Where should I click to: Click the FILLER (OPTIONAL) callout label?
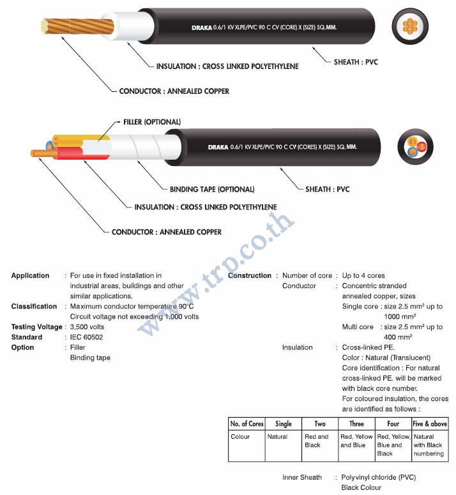pyautogui.click(x=152, y=122)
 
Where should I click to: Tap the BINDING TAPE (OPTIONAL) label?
pyautogui.click(x=212, y=190)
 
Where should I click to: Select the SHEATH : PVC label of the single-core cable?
pyautogui.click(x=356, y=62)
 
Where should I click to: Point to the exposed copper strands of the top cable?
pyautogui.click(x=78, y=26)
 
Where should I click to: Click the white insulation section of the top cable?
pyautogui.click(x=128, y=26)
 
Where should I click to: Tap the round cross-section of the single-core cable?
pyautogui.click(x=410, y=26)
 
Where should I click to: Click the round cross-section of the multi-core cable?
pyautogui.click(x=415, y=147)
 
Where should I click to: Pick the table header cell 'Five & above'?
pyautogui.click(x=430, y=423)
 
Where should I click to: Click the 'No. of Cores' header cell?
pyautogui.click(x=247, y=423)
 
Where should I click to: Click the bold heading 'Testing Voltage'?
pyautogui.click(x=36, y=327)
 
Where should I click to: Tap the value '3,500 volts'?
pyautogui.click(x=87, y=327)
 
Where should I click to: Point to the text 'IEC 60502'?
pyautogui.click(x=86, y=337)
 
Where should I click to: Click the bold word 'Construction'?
pyautogui.click(x=250, y=275)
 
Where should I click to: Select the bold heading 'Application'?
pyautogui.click(x=30, y=275)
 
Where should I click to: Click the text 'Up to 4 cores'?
pyautogui.click(x=363, y=275)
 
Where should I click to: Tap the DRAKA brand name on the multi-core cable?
pyautogui.click(x=218, y=148)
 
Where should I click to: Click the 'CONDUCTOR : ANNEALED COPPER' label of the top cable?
pyautogui.click(x=174, y=91)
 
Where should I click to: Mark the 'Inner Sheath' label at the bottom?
pyautogui.click(x=302, y=477)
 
